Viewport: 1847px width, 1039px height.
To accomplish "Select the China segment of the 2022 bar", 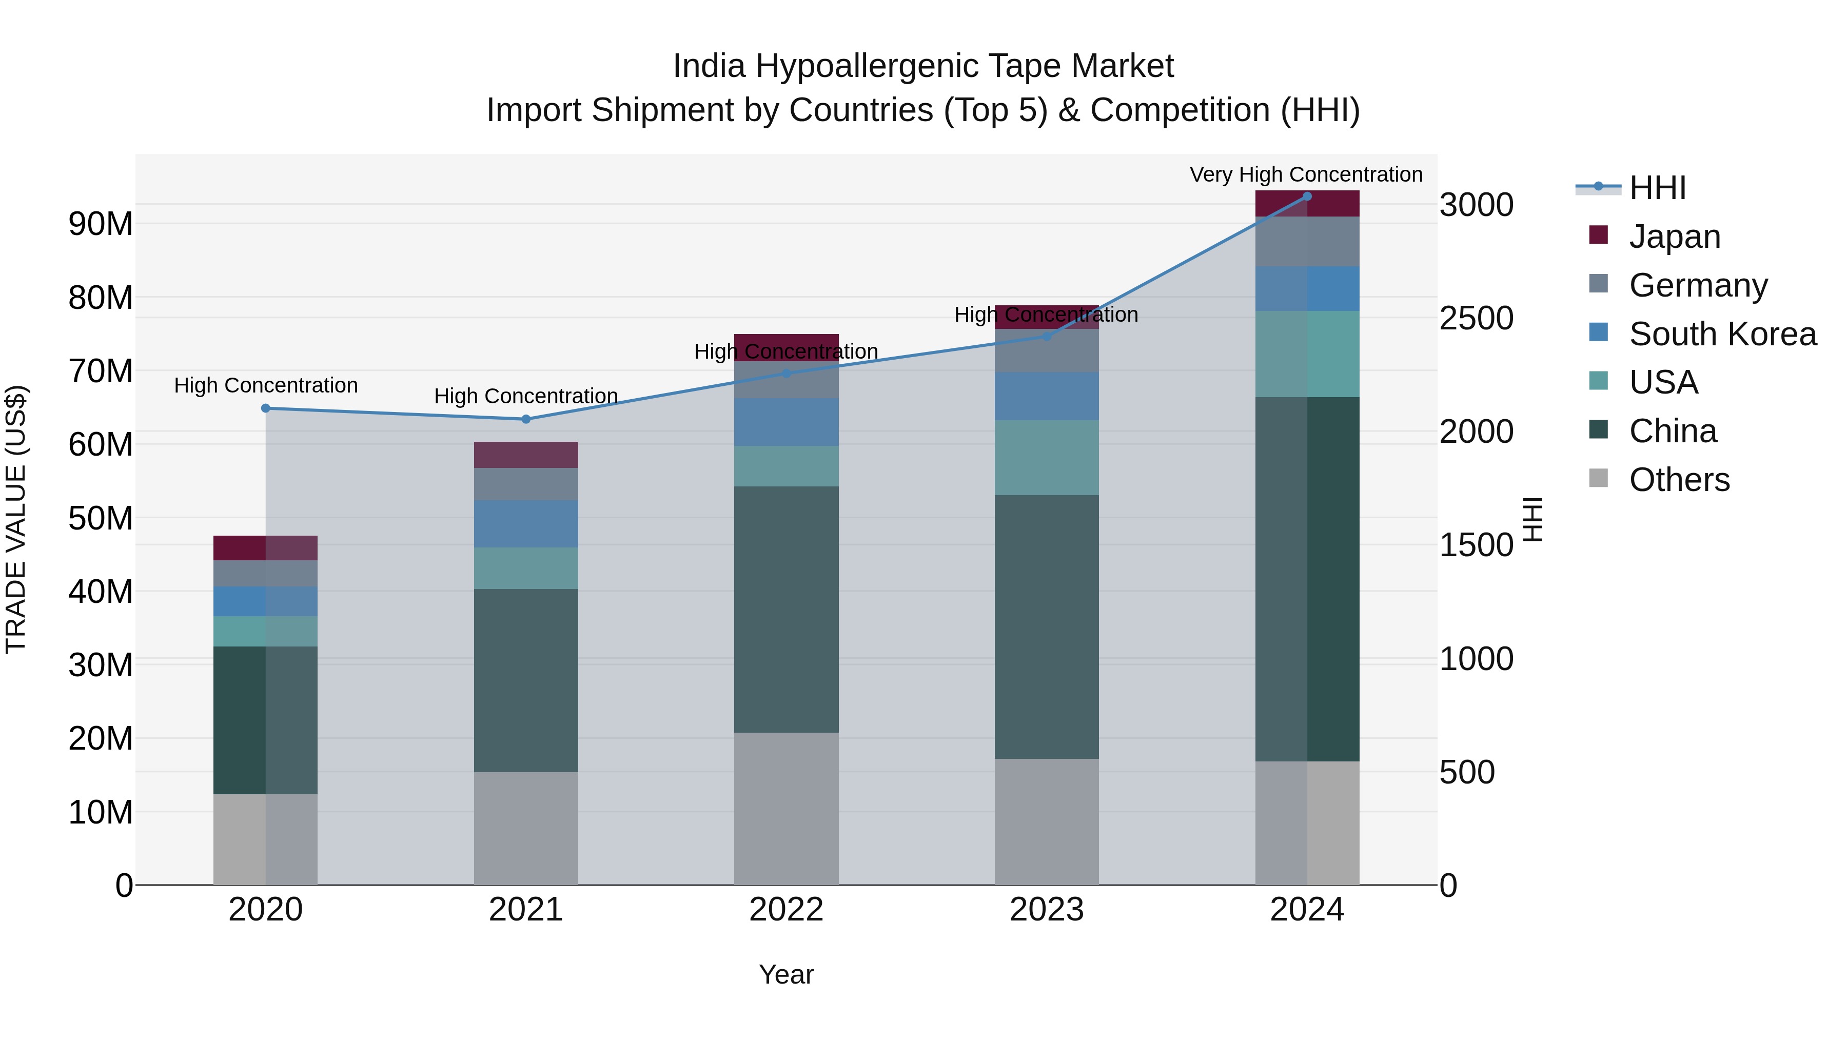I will (x=786, y=610).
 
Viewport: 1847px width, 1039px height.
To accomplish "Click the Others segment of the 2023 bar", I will (x=1046, y=822).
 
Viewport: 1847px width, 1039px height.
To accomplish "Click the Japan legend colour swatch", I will (x=1598, y=235).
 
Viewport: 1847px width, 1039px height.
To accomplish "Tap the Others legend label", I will (x=1679, y=480).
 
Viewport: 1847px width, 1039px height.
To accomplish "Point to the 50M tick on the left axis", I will (x=101, y=518).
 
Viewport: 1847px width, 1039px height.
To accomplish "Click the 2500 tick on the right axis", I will (x=1476, y=318).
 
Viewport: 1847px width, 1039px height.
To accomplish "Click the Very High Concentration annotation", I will (x=1306, y=174).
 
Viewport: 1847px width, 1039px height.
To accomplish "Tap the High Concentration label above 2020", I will (x=265, y=386).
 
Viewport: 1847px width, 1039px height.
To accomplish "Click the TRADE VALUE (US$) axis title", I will (x=16, y=518).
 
